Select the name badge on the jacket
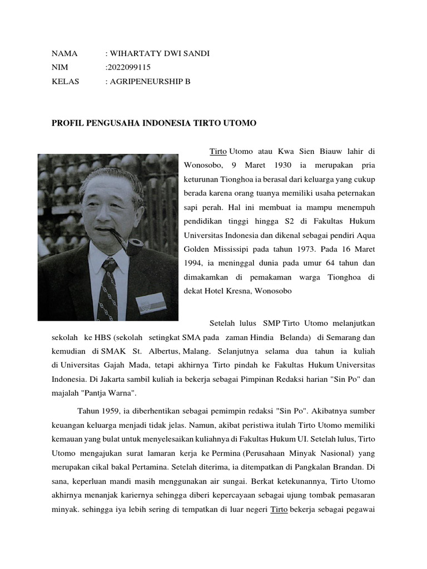[151, 303]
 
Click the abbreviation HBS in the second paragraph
[103, 337]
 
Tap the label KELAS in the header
[65, 81]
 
